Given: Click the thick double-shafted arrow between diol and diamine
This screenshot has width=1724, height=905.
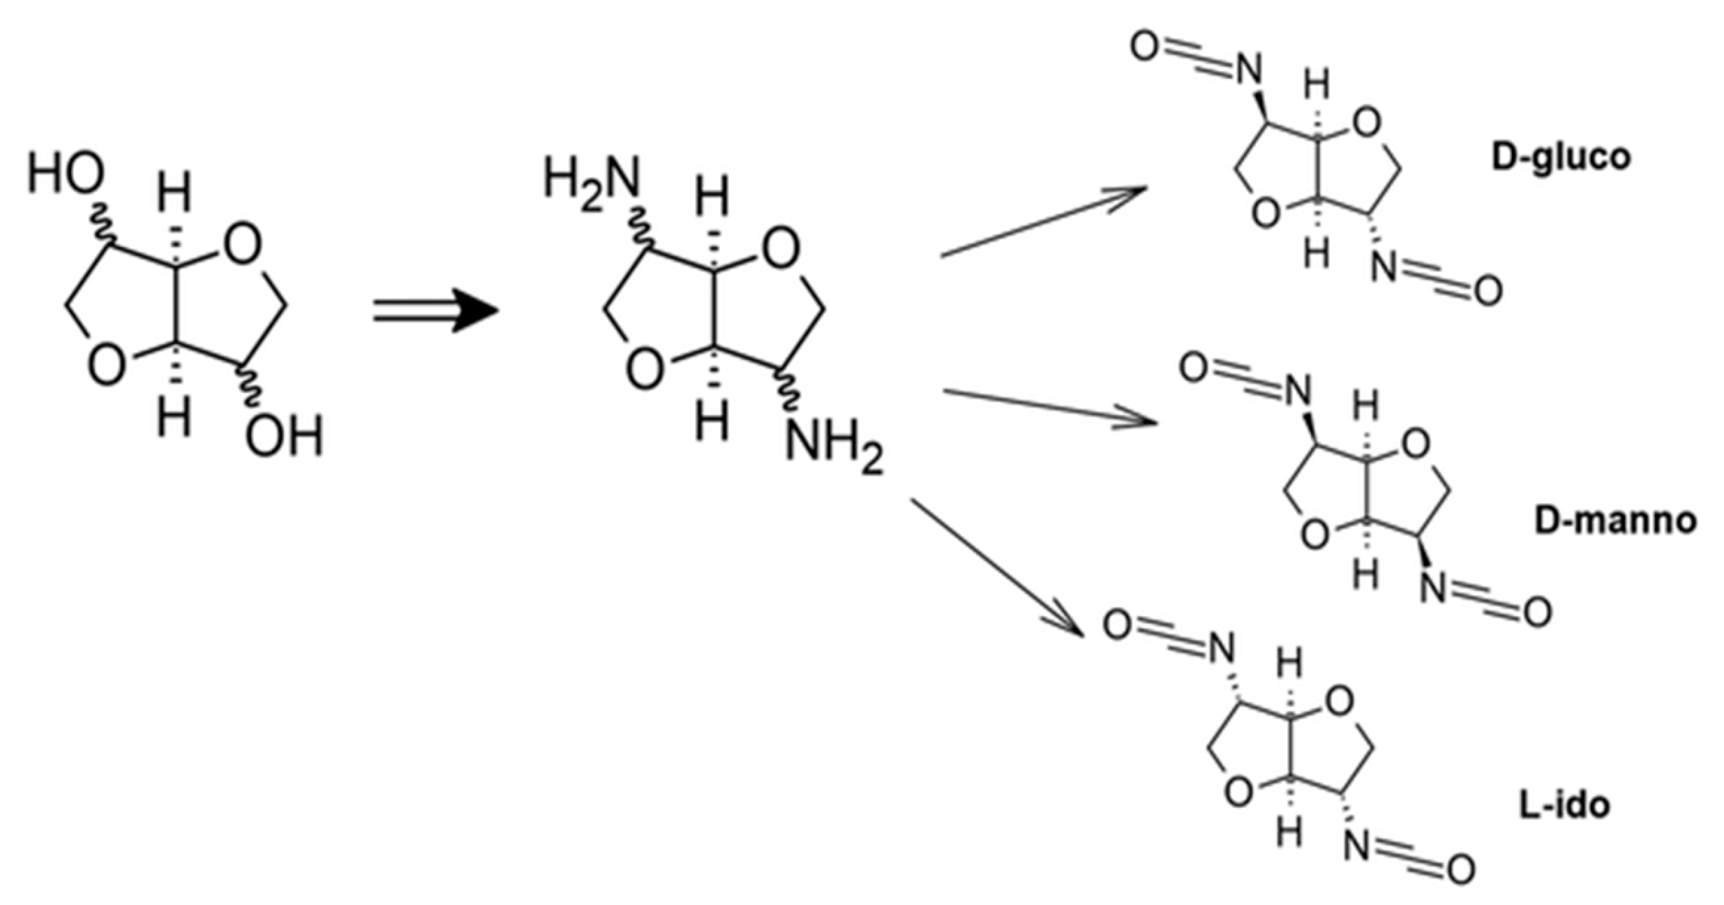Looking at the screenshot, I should [x=435, y=311].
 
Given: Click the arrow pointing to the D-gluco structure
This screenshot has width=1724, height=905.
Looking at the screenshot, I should [x=1043, y=221].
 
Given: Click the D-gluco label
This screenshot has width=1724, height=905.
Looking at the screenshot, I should [x=1561, y=158].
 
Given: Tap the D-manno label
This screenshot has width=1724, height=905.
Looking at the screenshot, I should [x=1615, y=521].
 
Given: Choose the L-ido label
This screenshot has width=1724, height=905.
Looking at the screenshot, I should [x=1564, y=805].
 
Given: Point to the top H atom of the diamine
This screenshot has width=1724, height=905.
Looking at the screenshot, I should [x=712, y=195].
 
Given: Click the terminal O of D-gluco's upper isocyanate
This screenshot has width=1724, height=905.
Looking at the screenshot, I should [x=1144, y=46].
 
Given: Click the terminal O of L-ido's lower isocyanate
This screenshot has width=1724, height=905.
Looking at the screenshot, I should [x=1460, y=869].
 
